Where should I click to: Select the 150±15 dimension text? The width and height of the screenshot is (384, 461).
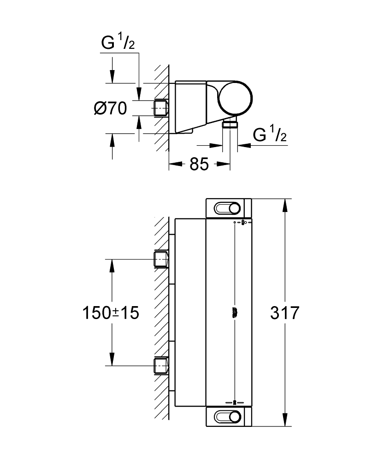111,313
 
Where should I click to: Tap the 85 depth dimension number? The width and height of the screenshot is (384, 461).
199,164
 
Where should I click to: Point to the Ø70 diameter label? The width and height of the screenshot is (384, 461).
110,109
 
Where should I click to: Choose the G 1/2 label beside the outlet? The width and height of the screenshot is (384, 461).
270,135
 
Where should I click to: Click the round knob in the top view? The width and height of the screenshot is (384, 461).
235,98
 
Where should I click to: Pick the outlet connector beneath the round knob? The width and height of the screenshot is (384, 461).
230,124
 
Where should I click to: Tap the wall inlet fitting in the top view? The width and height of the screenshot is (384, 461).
160,108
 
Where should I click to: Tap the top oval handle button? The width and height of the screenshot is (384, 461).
228,209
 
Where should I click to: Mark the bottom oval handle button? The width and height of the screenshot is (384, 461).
228,416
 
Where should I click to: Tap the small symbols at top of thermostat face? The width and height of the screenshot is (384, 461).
242,223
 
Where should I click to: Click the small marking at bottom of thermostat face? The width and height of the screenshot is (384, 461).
235,402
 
